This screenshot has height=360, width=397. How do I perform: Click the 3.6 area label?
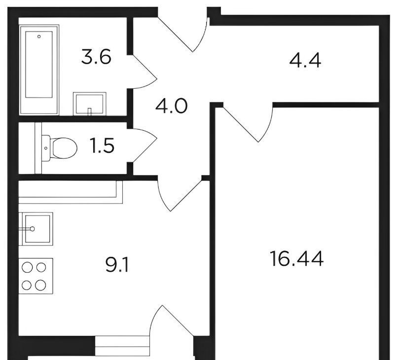coord(96,58)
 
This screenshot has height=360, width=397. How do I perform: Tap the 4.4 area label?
coord(305,61)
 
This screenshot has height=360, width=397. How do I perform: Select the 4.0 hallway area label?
coord(172,106)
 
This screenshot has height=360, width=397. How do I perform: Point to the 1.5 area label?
coord(102,145)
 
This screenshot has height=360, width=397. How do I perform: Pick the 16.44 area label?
coord(297,259)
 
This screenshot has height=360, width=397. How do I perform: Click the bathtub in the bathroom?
coord(39,70)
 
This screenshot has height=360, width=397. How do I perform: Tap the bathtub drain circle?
coord(39,36)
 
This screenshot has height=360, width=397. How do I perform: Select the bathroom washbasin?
coord(89,104)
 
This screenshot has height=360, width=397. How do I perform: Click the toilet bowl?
coord(63,148)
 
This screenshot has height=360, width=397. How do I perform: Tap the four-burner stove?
coord(36,276)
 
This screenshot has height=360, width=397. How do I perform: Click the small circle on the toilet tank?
coord(45,148)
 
